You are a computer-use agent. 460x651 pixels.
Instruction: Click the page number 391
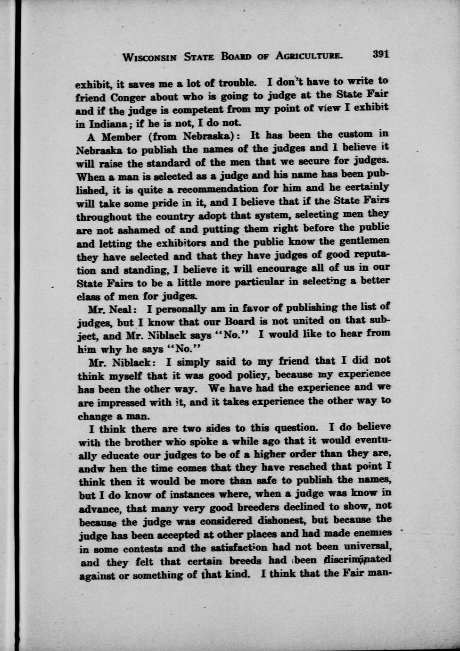(x=380, y=54)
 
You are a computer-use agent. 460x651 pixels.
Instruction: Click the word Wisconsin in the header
(x=149, y=58)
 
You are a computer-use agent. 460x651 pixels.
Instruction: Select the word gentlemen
(x=363, y=241)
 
